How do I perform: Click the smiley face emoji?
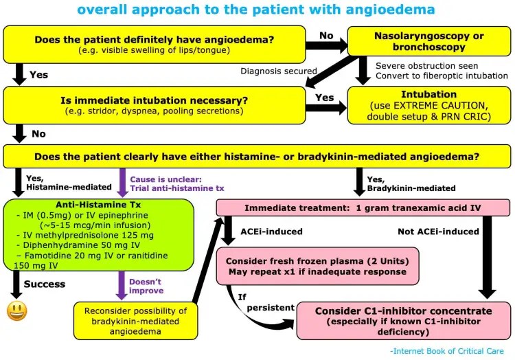click(x=16, y=311)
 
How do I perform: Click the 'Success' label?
click(x=45, y=284)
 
